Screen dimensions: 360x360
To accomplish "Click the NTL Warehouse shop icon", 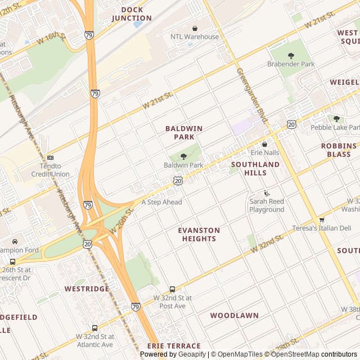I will [195, 28].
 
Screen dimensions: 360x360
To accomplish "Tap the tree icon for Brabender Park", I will [291, 55].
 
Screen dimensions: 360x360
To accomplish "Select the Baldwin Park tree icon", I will [183, 156].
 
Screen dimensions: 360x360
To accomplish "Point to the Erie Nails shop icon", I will [264, 144].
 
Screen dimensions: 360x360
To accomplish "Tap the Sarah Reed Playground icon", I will [267, 193].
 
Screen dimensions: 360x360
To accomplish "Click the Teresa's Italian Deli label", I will [321, 228].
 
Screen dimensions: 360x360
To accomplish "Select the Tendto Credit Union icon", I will [51, 157].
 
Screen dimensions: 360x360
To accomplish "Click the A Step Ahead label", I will [161, 202].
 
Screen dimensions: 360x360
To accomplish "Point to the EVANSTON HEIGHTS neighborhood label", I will [199, 235].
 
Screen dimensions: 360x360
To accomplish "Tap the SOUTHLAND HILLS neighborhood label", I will [255, 168].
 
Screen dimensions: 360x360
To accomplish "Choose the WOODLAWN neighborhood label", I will [235, 316].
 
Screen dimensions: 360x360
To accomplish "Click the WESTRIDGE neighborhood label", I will [87, 289].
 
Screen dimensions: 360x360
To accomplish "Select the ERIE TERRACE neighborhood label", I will [174, 346].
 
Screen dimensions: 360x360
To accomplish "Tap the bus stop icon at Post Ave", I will [172, 289].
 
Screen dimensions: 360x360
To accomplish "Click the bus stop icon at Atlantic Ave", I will [94, 327].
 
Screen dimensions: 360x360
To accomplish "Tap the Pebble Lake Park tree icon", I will [336, 119].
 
